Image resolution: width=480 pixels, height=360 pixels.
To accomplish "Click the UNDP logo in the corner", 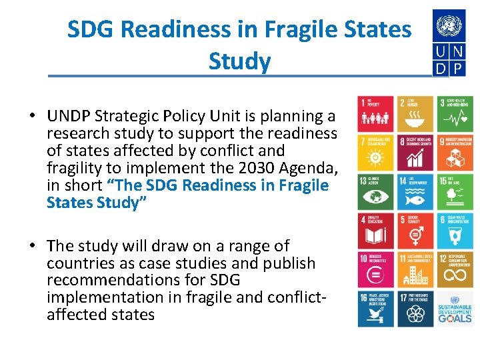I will tap(450, 43).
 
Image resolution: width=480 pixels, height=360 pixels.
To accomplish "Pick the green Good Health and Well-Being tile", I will tap(455, 113).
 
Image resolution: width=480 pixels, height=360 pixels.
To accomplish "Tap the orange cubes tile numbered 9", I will tap(455, 152).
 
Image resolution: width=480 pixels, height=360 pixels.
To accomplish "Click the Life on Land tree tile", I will tap(455, 191).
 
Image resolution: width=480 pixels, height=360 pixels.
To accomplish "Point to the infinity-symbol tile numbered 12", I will tap(455, 269).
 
